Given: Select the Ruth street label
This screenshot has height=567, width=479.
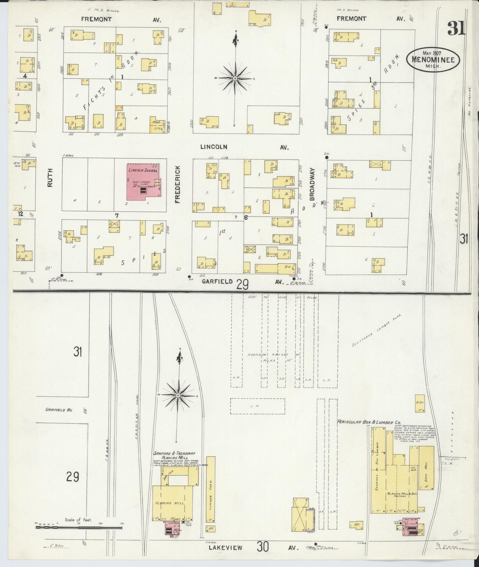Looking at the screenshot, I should (50, 178).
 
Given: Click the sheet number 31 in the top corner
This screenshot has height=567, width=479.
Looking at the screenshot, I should (456, 28).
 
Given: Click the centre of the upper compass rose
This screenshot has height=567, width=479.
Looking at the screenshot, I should (235, 79).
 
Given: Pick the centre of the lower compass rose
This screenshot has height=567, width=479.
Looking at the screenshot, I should (178, 396).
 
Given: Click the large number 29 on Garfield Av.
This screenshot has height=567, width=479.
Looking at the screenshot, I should (243, 284).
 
